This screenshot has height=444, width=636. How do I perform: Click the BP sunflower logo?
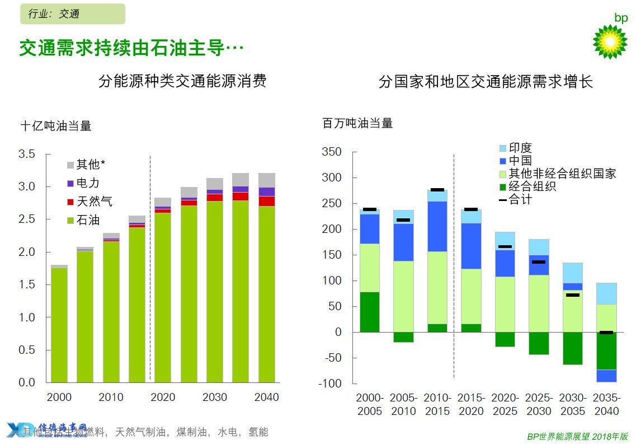coord(610,41)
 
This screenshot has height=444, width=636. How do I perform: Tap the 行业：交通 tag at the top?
coord(72,14)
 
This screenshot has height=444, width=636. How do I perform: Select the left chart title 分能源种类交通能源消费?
coord(182,81)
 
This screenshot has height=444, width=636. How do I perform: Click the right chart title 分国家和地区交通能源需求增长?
coord(486,82)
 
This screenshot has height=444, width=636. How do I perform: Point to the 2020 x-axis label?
coord(163,398)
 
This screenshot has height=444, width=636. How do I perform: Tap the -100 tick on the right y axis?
coord(331,384)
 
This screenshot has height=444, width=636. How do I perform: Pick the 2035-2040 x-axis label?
coord(606,404)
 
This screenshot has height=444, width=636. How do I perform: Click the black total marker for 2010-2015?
coord(437,190)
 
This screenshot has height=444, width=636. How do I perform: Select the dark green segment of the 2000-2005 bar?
coord(369,312)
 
